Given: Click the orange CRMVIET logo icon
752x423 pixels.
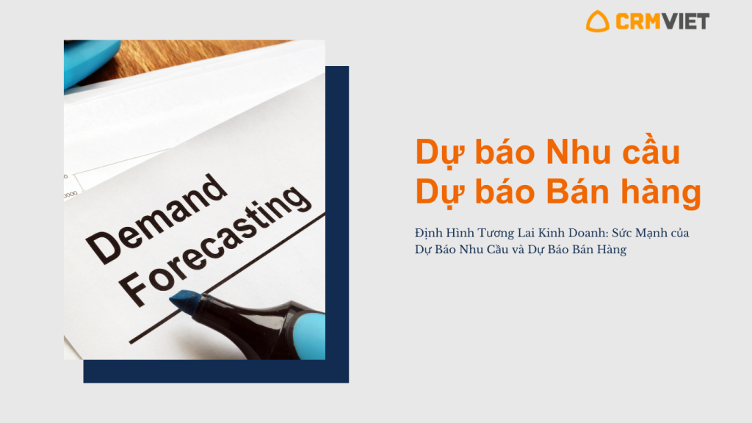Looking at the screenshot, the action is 597,22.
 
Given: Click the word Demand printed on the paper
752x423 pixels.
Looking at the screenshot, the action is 156,218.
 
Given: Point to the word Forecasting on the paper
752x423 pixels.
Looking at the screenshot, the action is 215,245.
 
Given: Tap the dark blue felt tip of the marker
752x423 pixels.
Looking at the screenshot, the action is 183,301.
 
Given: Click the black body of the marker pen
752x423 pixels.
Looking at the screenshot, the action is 250,326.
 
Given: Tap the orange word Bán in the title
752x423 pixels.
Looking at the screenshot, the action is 578,192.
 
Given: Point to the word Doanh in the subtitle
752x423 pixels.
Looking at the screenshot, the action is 591,233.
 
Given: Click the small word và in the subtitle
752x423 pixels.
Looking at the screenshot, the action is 518,250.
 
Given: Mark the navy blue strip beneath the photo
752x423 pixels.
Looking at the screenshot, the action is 216,371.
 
